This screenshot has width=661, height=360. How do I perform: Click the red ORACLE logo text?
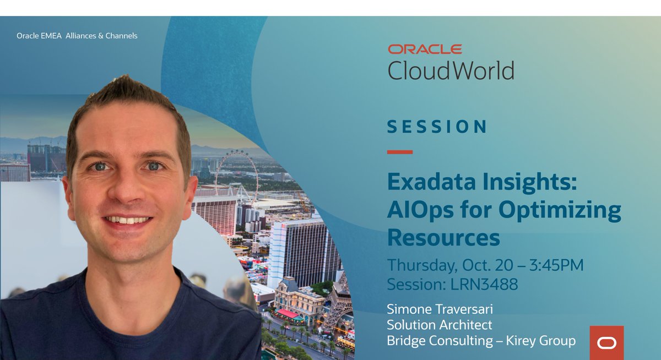[425, 49]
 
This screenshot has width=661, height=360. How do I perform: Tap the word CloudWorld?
[451, 71]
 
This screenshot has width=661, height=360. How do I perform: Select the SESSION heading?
[437, 127]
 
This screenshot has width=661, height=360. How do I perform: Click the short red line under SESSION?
[400, 152]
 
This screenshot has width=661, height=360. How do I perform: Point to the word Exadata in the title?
[431, 182]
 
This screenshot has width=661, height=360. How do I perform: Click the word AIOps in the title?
[420, 210]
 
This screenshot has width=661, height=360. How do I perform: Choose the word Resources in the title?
[443, 237]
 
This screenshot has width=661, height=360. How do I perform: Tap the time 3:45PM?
[556, 265]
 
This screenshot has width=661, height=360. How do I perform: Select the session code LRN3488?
[484, 284]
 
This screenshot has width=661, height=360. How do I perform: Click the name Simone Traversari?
[440, 309]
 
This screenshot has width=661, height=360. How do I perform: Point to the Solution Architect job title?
[440, 325]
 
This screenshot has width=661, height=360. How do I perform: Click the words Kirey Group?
[540, 341]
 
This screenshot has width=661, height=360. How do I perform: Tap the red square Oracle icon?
[606, 342]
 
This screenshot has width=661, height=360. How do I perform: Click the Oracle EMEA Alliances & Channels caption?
[77, 36]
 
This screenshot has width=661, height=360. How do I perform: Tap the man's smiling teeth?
[127, 220]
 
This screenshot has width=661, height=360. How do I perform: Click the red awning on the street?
[287, 313]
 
